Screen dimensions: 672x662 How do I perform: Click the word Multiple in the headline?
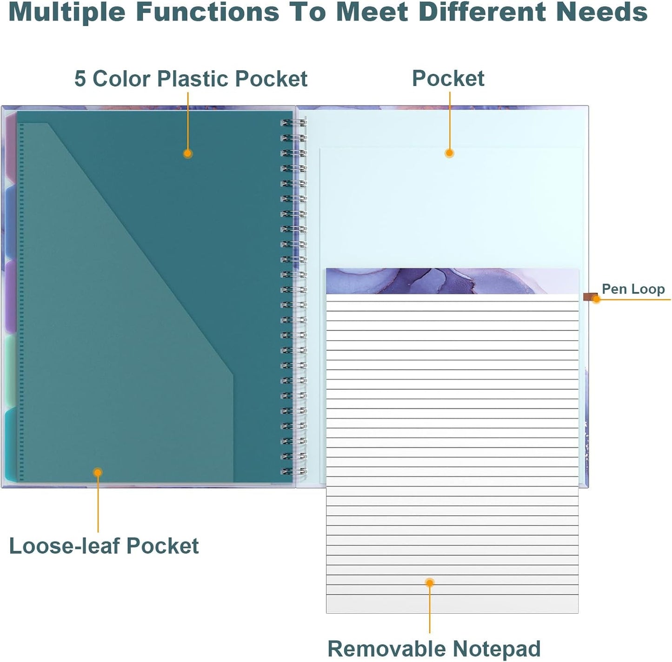coord(66,12)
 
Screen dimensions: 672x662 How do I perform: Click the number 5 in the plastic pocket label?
coord(80,79)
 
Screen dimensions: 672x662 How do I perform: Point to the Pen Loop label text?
coord(633,289)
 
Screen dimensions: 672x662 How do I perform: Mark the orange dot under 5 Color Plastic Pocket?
coord(187,153)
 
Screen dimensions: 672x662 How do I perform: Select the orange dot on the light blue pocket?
coord(449,152)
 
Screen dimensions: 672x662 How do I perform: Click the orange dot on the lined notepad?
coord(430,583)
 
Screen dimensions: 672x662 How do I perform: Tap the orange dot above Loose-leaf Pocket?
coord(98,472)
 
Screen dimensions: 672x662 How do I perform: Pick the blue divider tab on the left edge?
coord(10,222)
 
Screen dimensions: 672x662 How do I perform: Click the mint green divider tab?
coord(10,371)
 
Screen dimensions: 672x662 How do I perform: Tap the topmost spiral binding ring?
coord(293,123)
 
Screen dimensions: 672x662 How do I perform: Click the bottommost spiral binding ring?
coord(293,472)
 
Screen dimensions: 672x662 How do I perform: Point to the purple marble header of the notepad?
coord(452,281)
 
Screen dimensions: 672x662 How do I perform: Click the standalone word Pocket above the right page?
coord(448,78)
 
